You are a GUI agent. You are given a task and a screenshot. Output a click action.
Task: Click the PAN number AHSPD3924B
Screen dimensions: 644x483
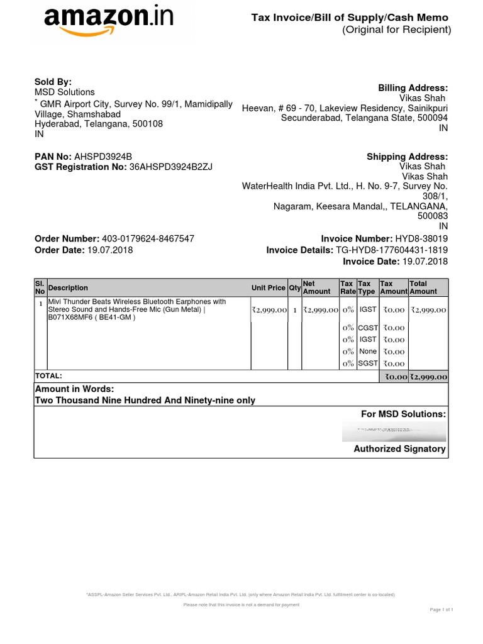pos(103,157)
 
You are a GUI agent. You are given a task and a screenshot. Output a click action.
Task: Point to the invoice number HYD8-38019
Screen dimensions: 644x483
pos(421,239)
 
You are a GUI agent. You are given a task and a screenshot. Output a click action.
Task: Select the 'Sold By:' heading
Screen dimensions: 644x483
pos(53,82)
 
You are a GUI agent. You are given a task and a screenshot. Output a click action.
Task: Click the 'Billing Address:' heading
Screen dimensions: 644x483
pos(413,88)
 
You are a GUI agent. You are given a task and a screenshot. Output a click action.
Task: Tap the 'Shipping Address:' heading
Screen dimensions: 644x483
pos(407,157)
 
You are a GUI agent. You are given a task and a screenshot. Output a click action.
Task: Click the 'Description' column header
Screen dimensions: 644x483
pos(68,288)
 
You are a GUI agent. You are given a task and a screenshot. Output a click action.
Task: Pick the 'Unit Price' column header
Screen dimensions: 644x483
pos(268,288)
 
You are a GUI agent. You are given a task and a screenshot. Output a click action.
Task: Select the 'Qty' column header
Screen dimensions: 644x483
pos(294,288)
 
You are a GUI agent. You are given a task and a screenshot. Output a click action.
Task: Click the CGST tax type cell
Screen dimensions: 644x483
pos(367,327)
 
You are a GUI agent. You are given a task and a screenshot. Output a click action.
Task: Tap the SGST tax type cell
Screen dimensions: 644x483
pos(367,364)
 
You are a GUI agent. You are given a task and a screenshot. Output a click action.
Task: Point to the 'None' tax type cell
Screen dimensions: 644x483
pos(367,352)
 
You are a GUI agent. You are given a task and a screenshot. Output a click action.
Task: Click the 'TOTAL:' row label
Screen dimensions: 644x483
pos(48,375)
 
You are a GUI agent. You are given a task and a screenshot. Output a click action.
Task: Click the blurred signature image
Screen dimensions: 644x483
pos(394,431)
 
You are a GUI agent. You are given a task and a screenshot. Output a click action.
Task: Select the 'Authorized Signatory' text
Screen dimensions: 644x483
pos(399,448)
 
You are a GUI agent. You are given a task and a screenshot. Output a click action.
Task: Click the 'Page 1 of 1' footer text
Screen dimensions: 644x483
pos(441,610)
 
